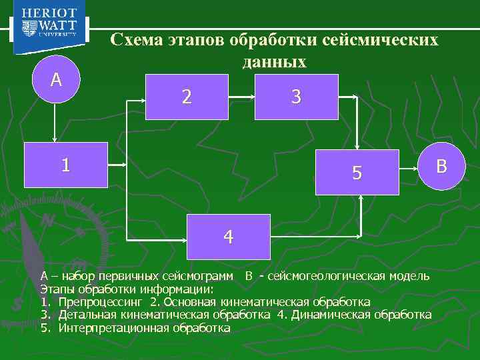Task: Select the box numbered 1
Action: coord(65,165)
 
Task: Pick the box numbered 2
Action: coord(188,97)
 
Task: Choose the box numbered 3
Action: coord(296,97)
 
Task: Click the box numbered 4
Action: coord(229,237)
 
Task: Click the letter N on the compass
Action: coord(47,221)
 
